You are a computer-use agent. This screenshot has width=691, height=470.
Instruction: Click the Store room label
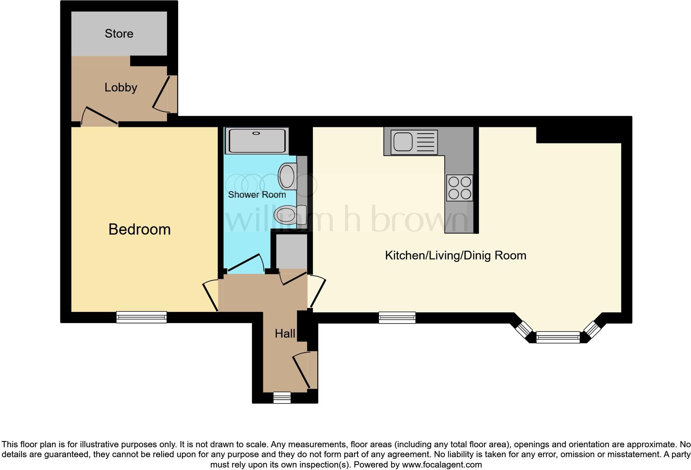pos(119,34)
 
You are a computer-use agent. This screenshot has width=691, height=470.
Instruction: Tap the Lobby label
pos(121,87)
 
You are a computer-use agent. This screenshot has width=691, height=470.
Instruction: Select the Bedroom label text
pos(139,229)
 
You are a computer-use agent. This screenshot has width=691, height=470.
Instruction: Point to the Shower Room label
pos(257,194)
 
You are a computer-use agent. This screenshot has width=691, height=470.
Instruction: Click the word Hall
pos(285,333)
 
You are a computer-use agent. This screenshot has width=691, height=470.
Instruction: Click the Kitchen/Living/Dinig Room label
pos(455,255)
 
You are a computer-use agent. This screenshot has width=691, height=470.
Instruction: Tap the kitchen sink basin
pos(403,141)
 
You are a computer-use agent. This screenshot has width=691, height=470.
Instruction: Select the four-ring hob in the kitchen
pos(460,188)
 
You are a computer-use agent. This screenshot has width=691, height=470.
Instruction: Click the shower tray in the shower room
pos(257,141)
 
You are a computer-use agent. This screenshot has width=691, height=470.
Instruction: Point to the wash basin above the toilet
pos(288,176)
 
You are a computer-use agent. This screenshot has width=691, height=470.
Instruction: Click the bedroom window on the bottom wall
pos(141,317)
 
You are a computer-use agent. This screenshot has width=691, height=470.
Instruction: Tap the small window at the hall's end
pos(282,398)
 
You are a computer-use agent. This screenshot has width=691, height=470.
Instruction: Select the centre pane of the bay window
pos(558,338)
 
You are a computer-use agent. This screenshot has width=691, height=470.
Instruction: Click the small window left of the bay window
pos(397,317)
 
